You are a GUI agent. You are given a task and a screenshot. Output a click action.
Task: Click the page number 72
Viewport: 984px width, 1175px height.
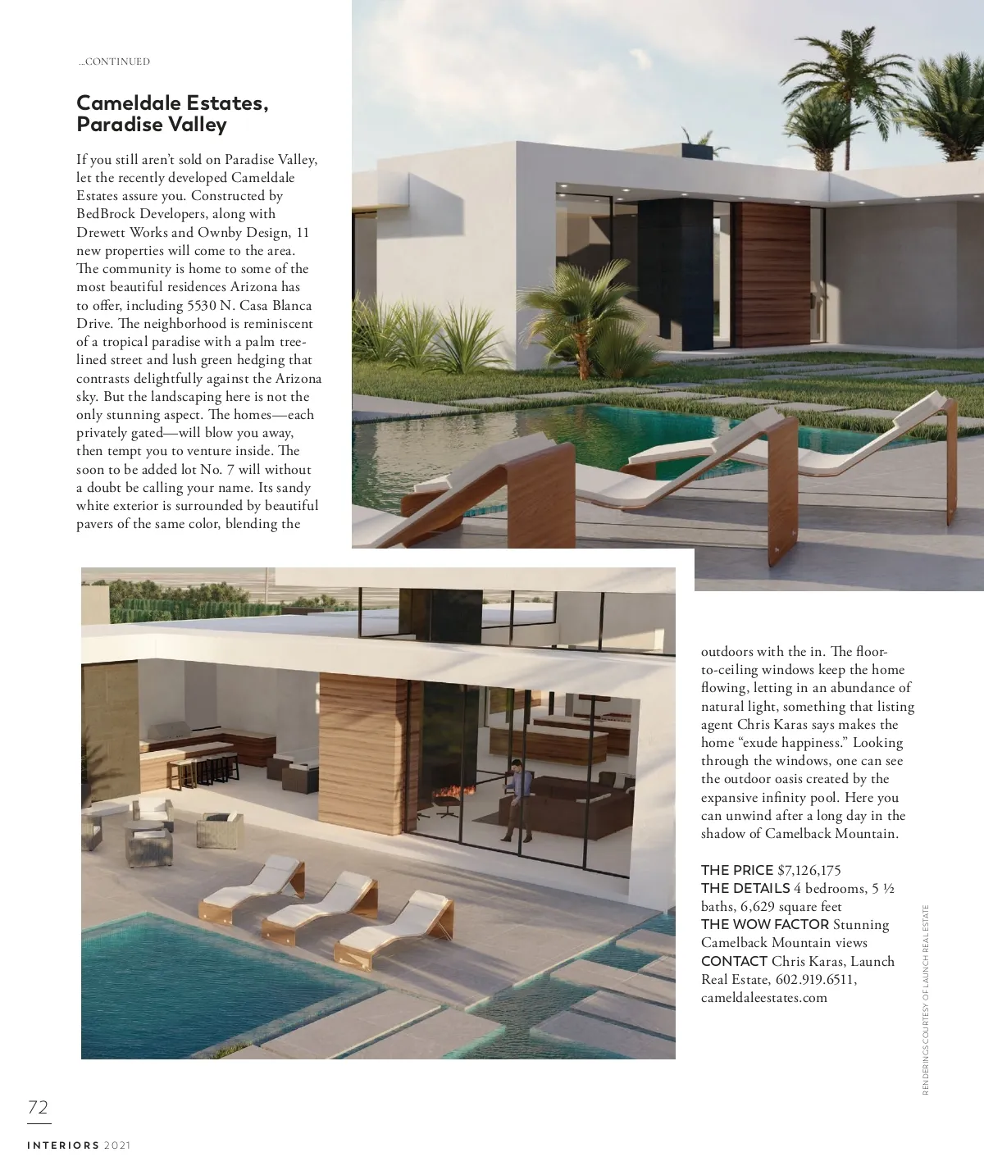[39, 1108]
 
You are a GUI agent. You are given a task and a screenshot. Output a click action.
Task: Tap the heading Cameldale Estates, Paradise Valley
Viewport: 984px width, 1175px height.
[172, 114]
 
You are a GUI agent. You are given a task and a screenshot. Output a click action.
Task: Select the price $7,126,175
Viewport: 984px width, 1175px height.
[809, 870]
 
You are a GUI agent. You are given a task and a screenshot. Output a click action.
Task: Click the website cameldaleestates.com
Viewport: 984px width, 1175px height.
[763, 998]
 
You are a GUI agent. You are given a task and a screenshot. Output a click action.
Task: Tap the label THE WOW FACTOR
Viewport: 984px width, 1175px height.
[764, 924]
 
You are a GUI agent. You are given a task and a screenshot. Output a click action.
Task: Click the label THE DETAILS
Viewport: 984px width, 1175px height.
[745, 888]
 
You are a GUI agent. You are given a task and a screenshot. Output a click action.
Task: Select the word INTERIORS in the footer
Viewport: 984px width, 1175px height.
[63, 1145]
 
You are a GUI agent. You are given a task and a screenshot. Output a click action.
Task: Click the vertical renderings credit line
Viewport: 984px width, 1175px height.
[926, 999]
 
